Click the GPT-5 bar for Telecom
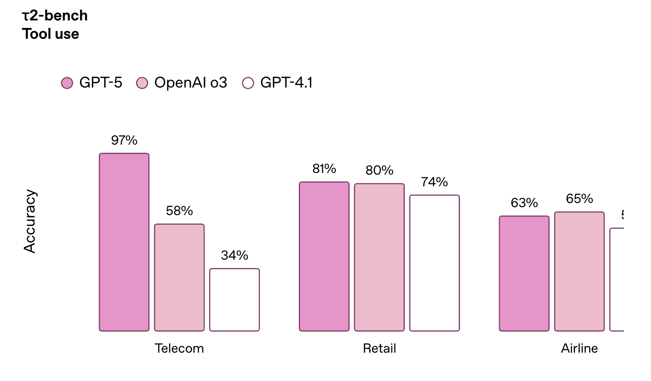tap(124, 242)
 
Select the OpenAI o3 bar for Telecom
tap(179, 278)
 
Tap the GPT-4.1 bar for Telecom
tap(235, 300)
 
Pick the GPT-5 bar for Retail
tap(324, 256)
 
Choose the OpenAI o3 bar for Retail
tap(379, 257)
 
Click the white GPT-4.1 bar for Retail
tap(434, 263)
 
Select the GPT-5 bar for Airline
tap(524, 273)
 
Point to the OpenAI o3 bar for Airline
tap(579, 271)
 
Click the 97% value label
tap(124, 140)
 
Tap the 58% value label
tap(179, 211)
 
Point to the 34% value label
tap(235, 255)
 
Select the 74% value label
tap(434, 182)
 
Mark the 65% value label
tap(579, 199)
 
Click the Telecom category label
tap(179, 348)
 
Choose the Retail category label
tap(379, 348)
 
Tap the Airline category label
tap(579, 348)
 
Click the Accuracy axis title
tap(30, 221)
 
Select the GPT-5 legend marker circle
tap(67, 83)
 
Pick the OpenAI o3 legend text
tap(191, 83)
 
